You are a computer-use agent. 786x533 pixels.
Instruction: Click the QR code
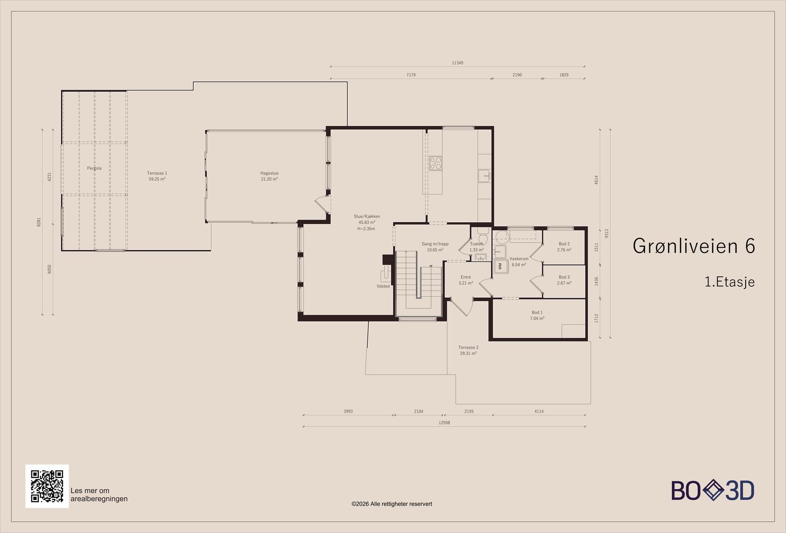(x=47, y=486)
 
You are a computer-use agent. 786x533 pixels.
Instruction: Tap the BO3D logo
(x=713, y=490)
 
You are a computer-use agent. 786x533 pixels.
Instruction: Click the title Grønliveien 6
(x=694, y=246)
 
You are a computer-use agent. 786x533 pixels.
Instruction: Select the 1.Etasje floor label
(x=730, y=282)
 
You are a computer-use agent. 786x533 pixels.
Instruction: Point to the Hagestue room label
(x=269, y=173)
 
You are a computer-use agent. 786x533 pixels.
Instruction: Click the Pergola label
(x=94, y=168)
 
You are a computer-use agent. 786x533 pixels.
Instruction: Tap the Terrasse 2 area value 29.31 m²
(x=468, y=353)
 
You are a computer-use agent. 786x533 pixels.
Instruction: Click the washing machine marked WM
(x=500, y=266)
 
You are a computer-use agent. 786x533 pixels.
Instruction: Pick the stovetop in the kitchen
(x=435, y=163)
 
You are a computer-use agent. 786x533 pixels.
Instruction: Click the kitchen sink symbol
(x=484, y=176)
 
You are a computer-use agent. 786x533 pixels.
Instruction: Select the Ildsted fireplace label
(x=383, y=286)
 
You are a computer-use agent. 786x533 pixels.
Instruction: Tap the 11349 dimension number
(x=457, y=63)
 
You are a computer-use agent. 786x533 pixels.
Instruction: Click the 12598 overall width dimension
(x=444, y=422)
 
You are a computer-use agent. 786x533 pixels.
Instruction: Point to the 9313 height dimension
(x=607, y=234)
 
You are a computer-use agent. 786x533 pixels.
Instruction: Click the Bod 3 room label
(x=564, y=277)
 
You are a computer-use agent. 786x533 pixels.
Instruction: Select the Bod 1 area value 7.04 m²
(x=537, y=318)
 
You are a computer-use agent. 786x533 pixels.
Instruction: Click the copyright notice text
(x=392, y=504)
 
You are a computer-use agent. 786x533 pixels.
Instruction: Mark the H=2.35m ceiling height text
(x=366, y=229)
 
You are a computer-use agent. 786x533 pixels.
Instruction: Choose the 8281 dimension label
(x=39, y=222)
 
